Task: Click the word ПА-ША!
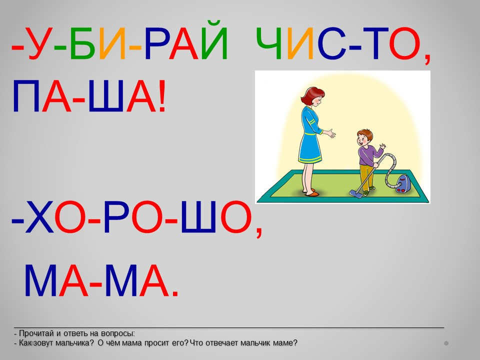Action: tap(89, 96)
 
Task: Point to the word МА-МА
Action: tap(101, 280)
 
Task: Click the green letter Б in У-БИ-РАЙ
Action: tap(81, 43)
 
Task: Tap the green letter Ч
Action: tap(269, 43)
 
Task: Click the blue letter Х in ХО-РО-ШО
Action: tap(39, 217)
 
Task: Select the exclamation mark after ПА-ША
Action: tap(162, 96)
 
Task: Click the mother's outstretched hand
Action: tap(329, 133)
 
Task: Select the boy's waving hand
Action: tap(382, 146)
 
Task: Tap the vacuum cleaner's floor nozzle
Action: tap(355, 194)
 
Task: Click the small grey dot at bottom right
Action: tap(446, 343)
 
